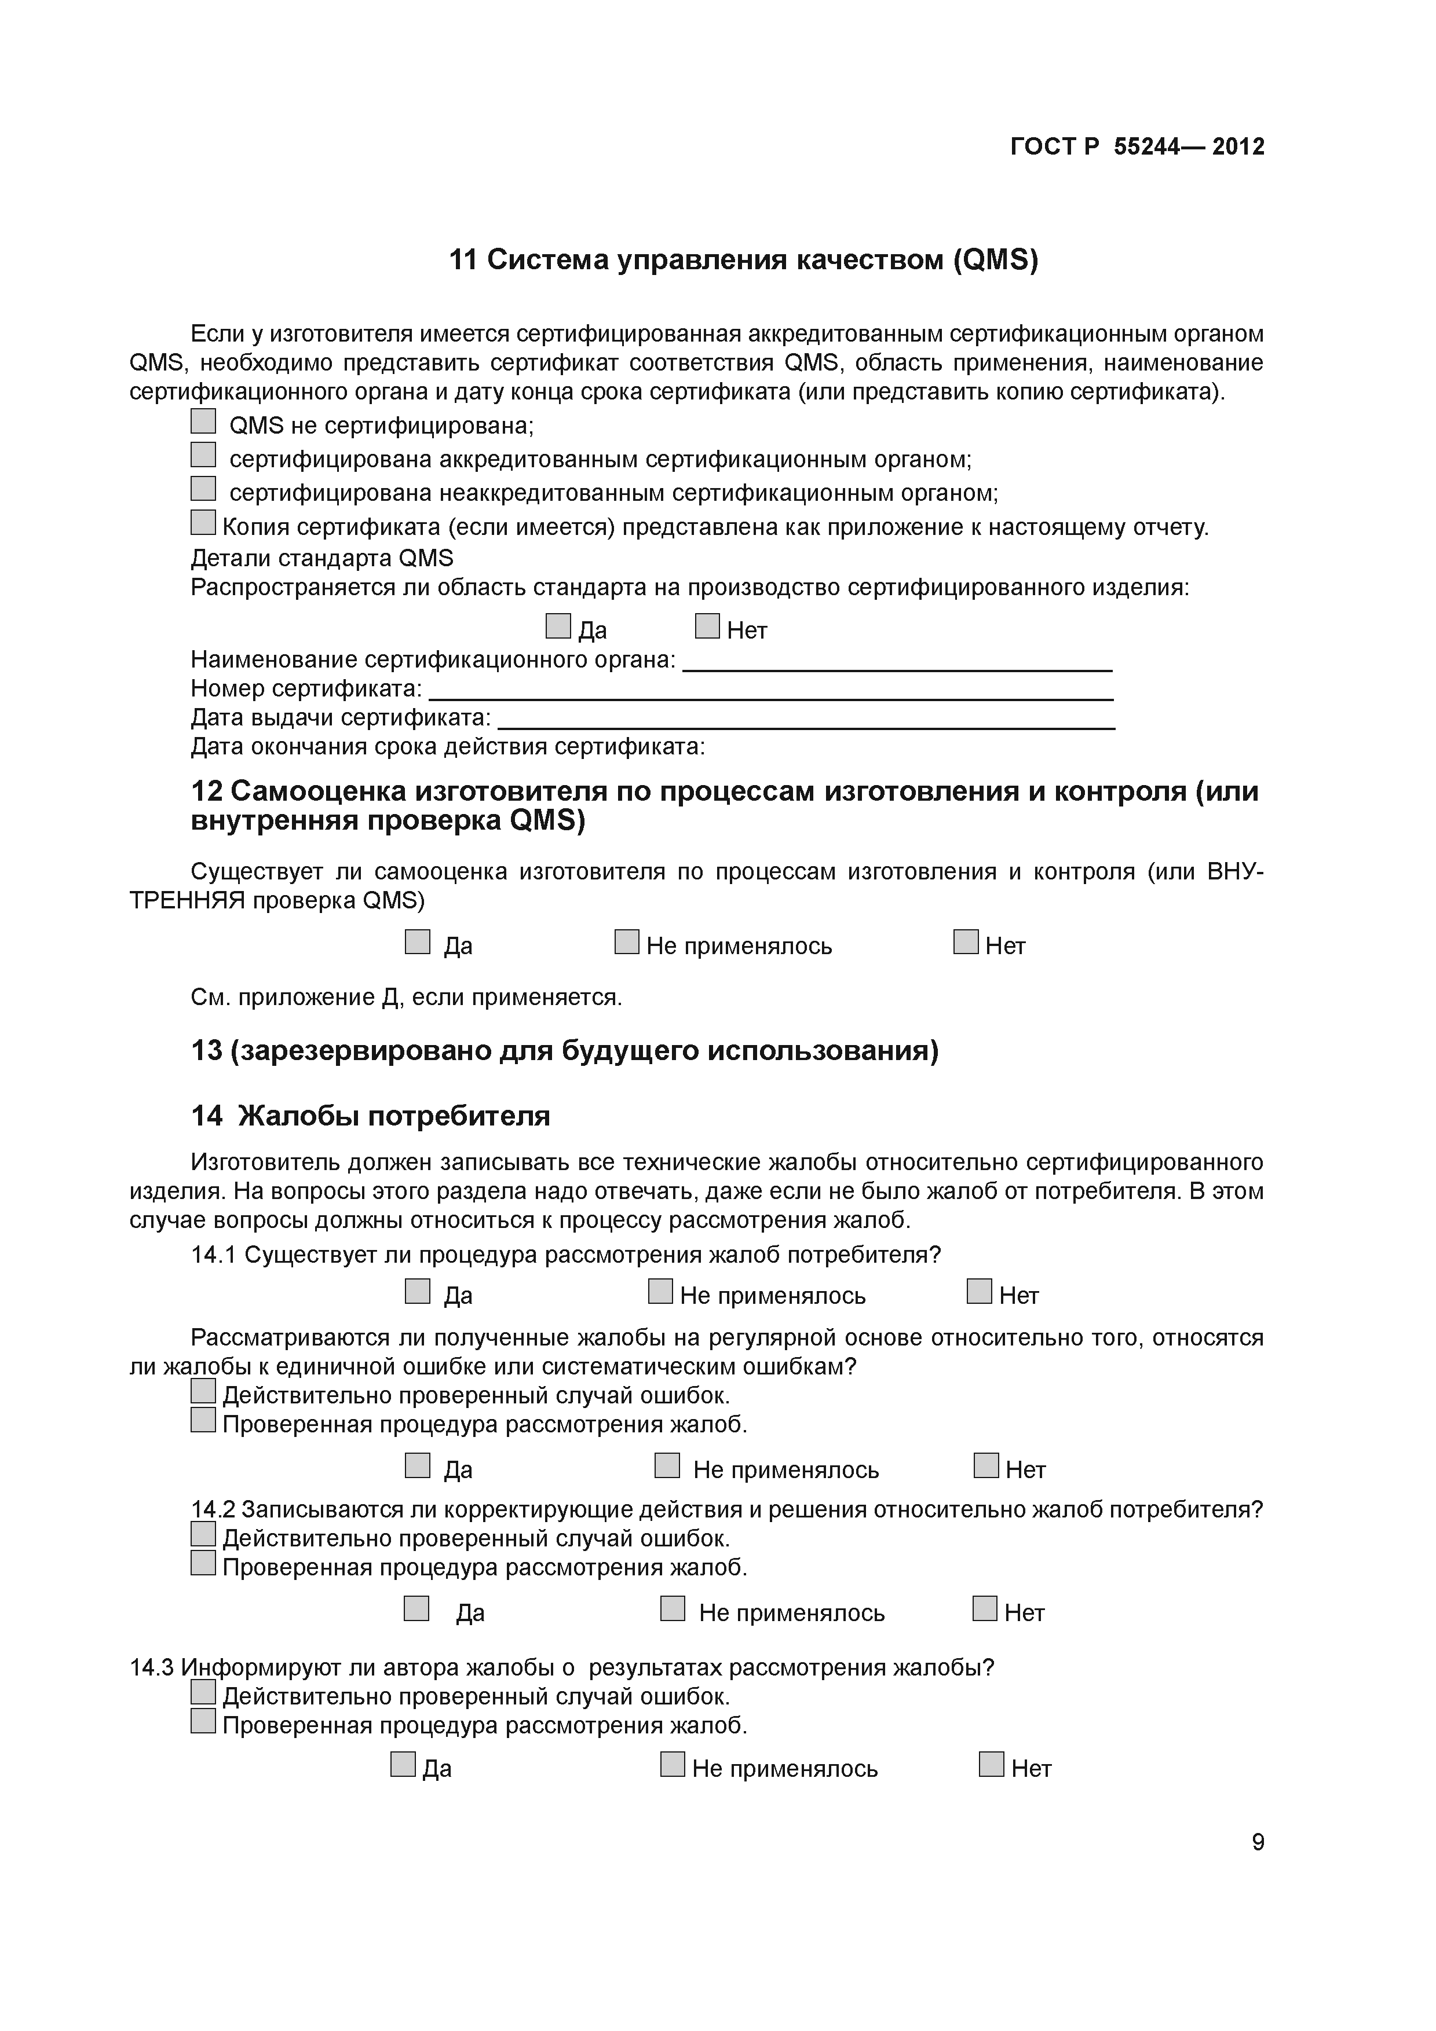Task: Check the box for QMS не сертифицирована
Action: tap(203, 422)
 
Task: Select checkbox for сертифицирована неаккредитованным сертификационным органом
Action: tap(203, 488)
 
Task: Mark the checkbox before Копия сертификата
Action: tap(203, 523)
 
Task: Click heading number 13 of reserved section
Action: tap(206, 1051)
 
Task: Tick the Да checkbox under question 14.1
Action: tap(418, 1292)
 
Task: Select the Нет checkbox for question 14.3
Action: tap(992, 1764)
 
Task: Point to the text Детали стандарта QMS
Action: tap(322, 558)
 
